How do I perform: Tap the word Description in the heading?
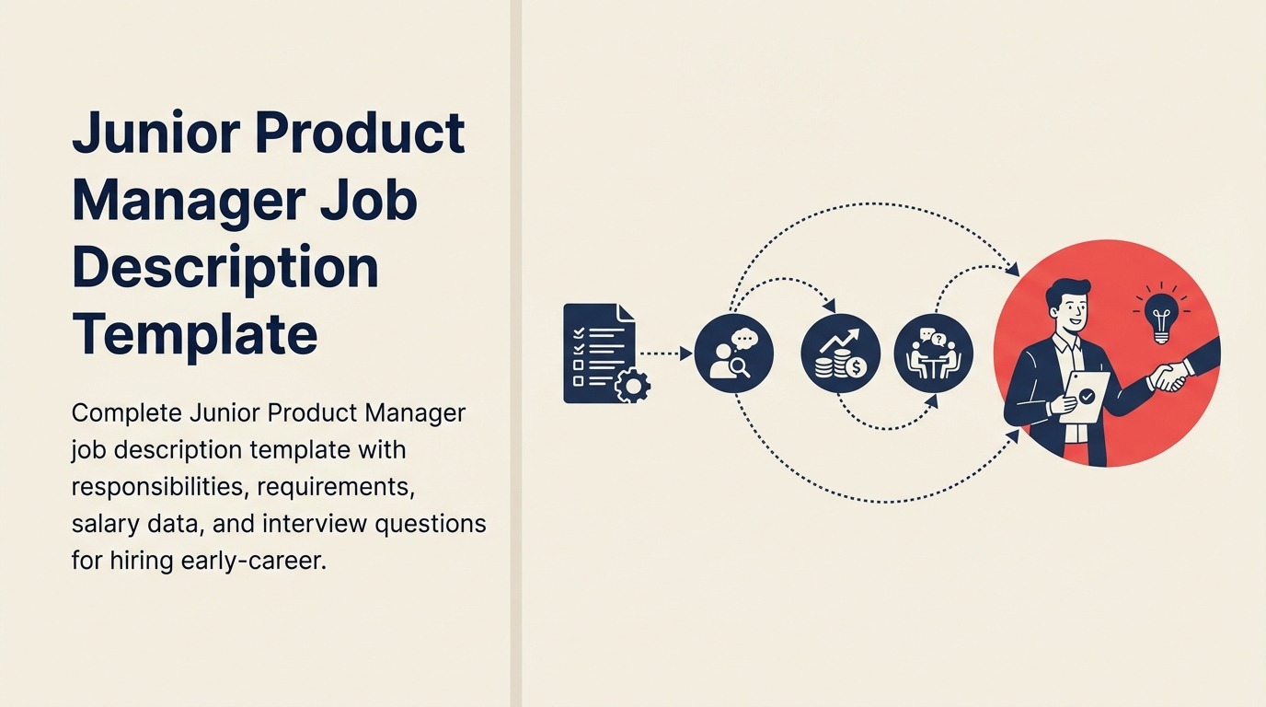(225, 267)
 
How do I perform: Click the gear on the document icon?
(632, 384)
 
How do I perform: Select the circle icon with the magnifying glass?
(733, 353)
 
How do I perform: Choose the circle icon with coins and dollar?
(840, 353)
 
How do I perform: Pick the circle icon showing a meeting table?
(933, 353)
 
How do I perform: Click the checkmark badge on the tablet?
(1088, 396)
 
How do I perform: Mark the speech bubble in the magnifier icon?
(744, 339)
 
